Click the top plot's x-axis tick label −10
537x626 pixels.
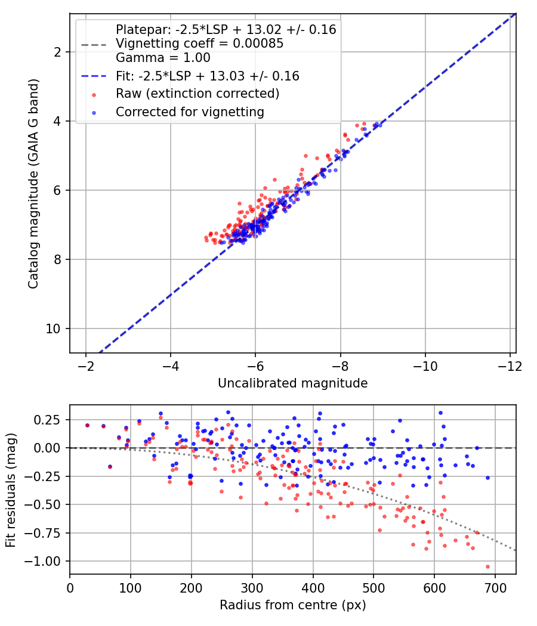(425, 366)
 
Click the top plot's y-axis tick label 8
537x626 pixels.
(57, 260)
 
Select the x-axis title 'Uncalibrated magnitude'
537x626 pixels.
(293, 383)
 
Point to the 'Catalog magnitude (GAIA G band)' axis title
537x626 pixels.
(33, 184)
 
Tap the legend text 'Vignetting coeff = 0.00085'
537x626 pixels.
(200, 44)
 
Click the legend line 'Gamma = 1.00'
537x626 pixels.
(163, 58)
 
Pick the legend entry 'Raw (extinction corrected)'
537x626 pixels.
(197, 94)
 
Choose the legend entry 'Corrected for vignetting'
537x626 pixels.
(190, 112)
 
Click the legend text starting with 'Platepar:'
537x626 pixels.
(226, 30)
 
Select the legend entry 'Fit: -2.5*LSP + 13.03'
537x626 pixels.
(208, 76)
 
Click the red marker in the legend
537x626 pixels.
(94, 95)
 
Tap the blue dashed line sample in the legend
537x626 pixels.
(94, 76)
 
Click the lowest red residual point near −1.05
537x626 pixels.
(487, 566)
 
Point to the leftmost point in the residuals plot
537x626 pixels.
(88, 426)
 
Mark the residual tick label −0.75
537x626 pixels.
(43, 534)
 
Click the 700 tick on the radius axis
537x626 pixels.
(495, 588)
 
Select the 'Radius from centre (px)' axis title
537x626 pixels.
(293, 605)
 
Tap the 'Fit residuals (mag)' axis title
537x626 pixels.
(11, 490)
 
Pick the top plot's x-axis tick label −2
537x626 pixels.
(86, 366)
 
